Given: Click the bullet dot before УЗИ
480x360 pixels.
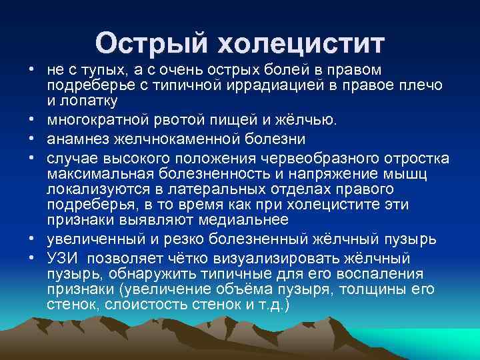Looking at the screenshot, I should click(31, 259).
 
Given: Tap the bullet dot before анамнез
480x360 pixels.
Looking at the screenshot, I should click(31, 140).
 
